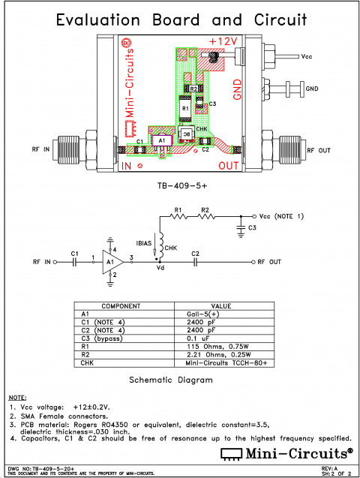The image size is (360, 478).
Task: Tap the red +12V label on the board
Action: [x=224, y=41]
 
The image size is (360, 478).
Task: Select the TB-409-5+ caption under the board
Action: [x=180, y=184]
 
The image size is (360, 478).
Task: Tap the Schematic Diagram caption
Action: [x=171, y=380]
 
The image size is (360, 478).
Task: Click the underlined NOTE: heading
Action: [x=17, y=395]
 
